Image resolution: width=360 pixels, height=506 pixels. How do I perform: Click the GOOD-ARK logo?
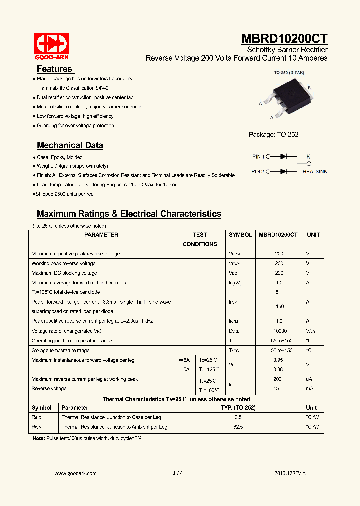51,46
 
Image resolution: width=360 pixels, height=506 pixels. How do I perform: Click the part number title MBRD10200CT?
285,39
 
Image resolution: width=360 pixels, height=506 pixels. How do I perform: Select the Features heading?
54,69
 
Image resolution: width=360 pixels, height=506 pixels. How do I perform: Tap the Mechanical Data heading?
70,145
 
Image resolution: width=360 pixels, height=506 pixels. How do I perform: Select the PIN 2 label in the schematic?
258,171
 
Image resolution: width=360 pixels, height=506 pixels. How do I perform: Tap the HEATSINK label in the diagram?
315,171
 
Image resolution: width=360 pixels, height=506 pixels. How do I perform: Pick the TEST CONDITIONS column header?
200,239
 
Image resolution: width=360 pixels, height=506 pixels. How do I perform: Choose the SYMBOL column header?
240,235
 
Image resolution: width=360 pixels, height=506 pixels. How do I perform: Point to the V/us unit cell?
311,331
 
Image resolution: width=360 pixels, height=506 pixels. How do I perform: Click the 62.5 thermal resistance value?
238,427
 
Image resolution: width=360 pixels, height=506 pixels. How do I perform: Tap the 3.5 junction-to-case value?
238,417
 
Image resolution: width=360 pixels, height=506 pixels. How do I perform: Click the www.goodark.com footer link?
75,473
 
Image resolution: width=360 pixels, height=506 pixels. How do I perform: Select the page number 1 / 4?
178,473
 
